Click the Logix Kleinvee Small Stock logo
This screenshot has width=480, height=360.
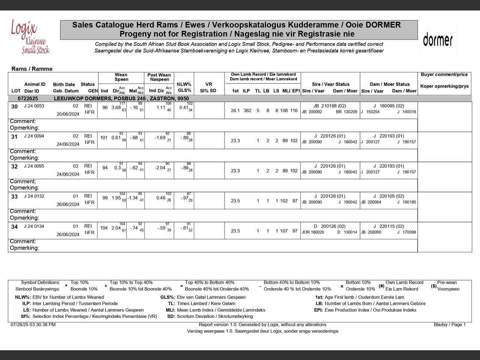(x=30, y=37)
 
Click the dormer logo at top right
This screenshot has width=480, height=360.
(x=438, y=40)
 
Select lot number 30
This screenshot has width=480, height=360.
(x=14, y=107)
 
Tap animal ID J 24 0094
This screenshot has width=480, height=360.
(x=34, y=136)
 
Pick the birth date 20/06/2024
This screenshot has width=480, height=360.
(x=68, y=114)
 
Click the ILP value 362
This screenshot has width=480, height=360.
(x=247, y=111)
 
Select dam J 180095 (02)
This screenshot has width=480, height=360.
(x=388, y=106)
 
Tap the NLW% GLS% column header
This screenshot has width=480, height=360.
(x=184, y=87)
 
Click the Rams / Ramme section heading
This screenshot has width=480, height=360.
(x=32, y=69)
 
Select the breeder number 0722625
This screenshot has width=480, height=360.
(x=28, y=99)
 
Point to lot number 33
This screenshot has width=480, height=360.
(x=14, y=197)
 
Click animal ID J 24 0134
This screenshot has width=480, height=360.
(x=34, y=226)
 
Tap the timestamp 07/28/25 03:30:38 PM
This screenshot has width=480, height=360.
(x=33, y=325)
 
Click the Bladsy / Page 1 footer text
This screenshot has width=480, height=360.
(x=450, y=325)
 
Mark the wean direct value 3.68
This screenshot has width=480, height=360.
(x=116, y=108)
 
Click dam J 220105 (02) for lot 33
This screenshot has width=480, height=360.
(x=388, y=196)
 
